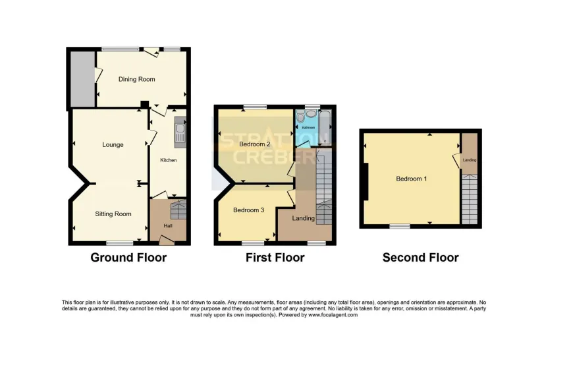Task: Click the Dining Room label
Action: pyautogui.click(x=136, y=79)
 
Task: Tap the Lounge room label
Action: pyautogui.click(x=113, y=144)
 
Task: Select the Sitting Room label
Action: pyautogui.click(x=113, y=214)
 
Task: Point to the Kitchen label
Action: pyautogui.click(x=169, y=160)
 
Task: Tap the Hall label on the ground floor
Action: pyautogui.click(x=169, y=225)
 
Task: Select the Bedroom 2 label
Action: pyautogui.click(x=255, y=144)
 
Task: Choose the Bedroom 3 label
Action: pyautogui.click(x=249, y=210)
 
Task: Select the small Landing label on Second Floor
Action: pyautogui.click(x=469, y=160)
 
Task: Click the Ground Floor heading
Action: pyautogui.click(x=128, y=258)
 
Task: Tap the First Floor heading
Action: pyautogui.click(x=275, y=258)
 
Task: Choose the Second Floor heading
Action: pyautogui.click(x=420, y=258)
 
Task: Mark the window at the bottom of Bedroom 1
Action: pyautogui.click(x=398, y=226)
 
